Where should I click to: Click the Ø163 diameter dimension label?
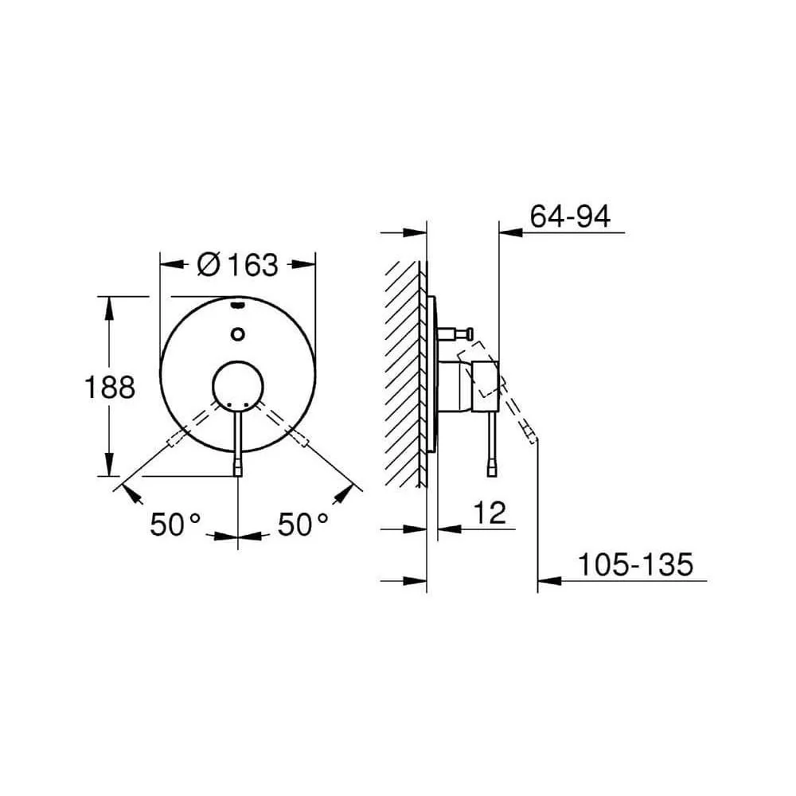tap(237, 264)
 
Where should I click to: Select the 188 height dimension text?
tap(110, 388)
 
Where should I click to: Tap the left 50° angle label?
tap(176, 525)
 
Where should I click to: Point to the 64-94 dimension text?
tap(570, 217)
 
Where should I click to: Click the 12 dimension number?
tap(490, 513)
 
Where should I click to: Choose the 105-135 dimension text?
tap(635, 564)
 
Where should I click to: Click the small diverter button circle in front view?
tap(237, 334)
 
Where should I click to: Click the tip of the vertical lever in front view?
tap(238, 475)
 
